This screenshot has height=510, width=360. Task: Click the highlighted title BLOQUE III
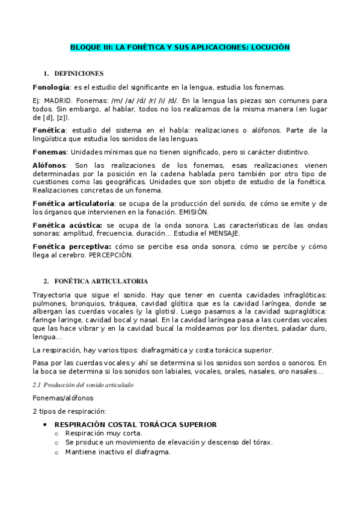[180, 47]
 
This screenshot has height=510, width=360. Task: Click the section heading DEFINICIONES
[79, 73]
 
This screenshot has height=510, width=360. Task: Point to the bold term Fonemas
[50, 152]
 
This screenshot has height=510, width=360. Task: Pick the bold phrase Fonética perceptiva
[72, 246]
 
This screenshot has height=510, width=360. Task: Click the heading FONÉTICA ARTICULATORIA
[100, 281]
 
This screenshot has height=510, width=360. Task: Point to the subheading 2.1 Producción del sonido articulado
[83, 384]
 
